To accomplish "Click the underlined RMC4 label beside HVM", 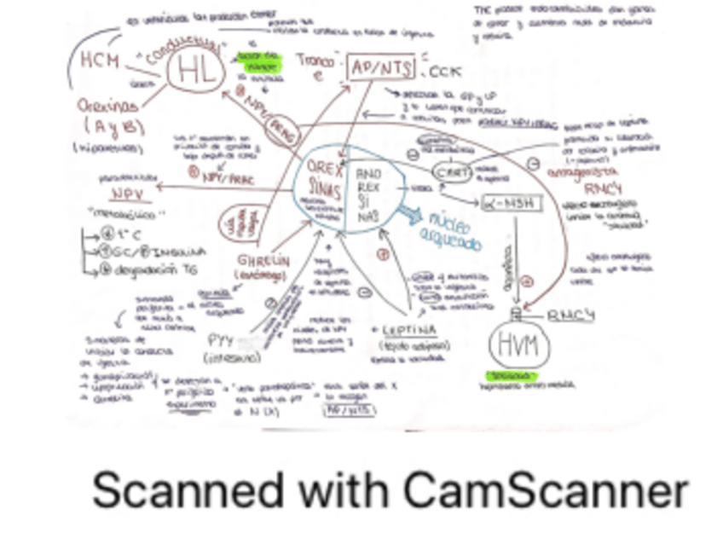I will coord(570,315).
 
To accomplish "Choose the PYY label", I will coord(221,340).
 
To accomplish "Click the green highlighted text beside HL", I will coord(257,62).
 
